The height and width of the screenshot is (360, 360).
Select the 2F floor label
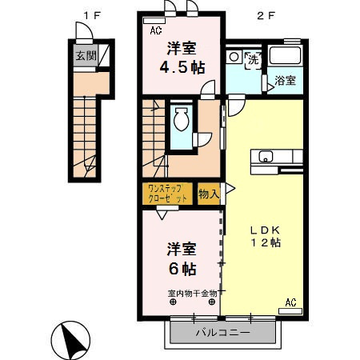(262, 14)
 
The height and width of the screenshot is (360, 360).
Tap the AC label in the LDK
(290, 302)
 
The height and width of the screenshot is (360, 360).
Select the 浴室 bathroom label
(286, 80)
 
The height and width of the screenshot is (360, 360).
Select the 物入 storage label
(208, 193)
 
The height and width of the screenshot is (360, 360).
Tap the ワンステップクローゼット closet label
(168, 193)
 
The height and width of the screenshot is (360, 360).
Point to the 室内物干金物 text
(192, 293)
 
